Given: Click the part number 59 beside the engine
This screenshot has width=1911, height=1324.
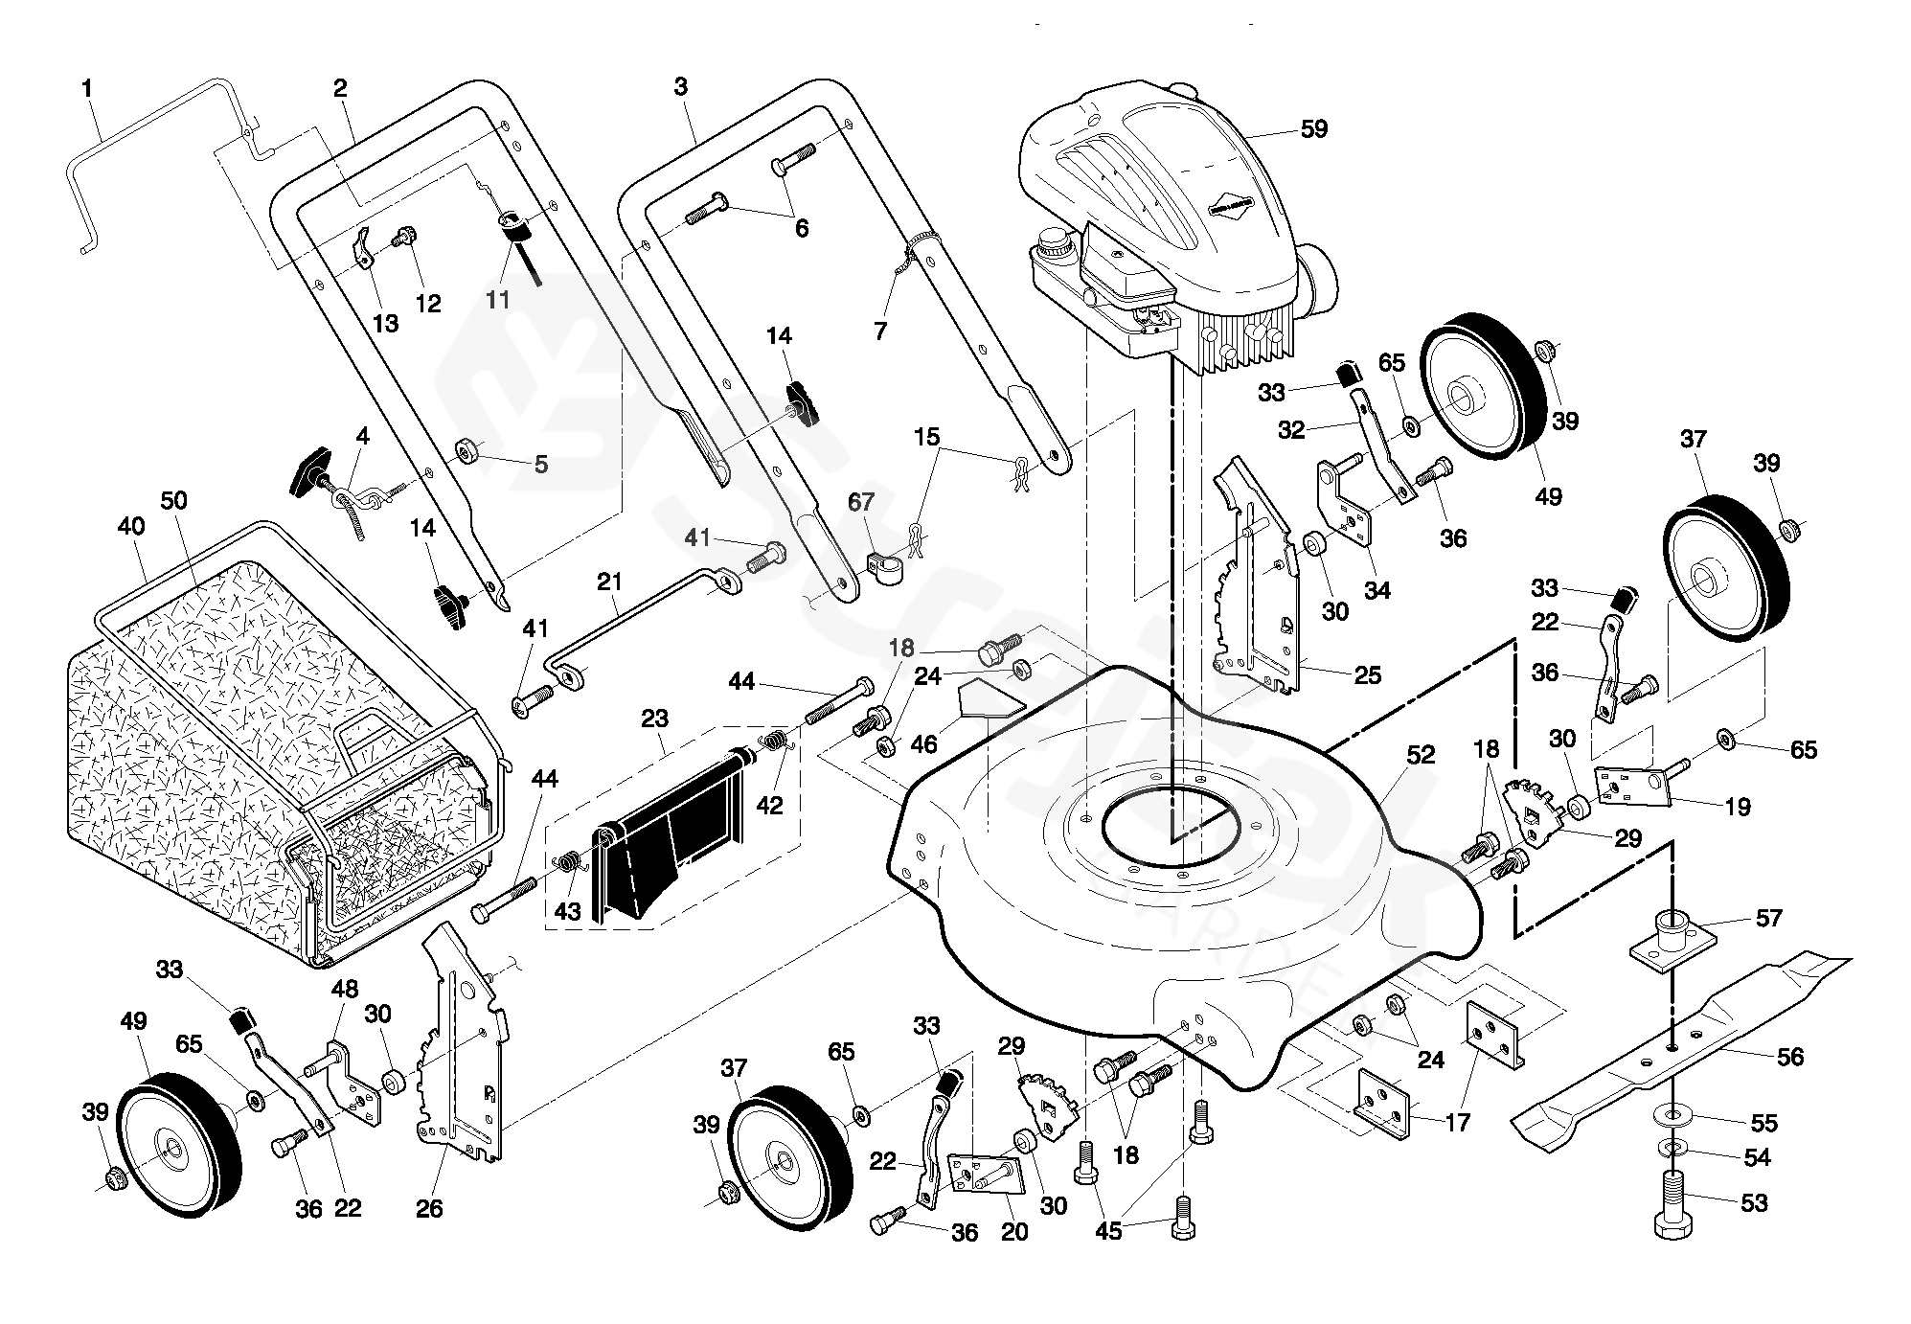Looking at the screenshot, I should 1314,128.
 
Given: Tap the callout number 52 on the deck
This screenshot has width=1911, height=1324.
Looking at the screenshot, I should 1421,754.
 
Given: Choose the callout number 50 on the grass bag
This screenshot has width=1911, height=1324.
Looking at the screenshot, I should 174,500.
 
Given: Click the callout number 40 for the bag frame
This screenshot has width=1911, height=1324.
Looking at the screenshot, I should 131,526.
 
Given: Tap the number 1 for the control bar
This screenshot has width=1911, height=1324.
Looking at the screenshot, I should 87,89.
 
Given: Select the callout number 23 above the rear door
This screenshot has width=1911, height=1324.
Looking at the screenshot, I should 654,718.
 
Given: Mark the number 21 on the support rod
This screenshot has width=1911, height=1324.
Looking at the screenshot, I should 609,582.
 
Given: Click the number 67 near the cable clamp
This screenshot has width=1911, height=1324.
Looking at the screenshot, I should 861,502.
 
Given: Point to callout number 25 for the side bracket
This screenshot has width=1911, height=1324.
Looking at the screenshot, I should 1368,674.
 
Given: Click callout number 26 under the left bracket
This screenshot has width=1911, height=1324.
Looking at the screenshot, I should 429,1208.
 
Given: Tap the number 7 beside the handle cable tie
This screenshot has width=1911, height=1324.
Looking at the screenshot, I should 880,331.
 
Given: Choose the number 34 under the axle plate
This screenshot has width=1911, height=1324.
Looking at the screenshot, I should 1376,590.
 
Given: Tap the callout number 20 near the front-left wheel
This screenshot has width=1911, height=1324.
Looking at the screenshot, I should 1014,1232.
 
